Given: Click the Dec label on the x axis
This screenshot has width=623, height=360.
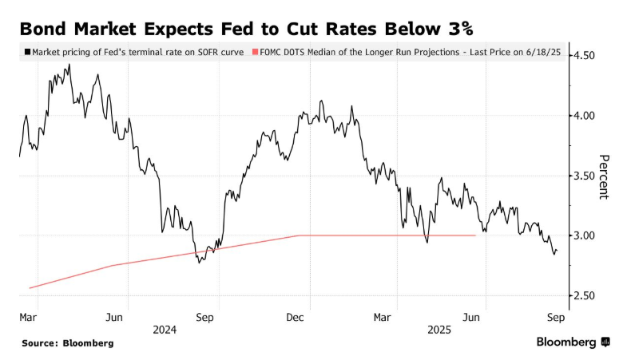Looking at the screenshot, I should pos(295,317).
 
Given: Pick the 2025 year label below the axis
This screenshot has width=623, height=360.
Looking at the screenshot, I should pos(439,329).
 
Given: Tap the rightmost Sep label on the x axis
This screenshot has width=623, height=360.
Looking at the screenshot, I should pos(556,317).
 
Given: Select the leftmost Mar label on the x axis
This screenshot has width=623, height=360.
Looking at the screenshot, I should pos(29,317).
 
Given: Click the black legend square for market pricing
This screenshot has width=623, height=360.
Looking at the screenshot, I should pos(28,52).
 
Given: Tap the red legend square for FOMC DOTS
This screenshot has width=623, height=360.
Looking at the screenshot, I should pos(255,52).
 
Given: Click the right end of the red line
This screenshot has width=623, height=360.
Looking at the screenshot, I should pos(476,235).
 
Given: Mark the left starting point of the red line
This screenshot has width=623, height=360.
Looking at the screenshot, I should pos(29,288).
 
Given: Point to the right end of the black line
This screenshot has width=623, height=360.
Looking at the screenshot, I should pos(558,251).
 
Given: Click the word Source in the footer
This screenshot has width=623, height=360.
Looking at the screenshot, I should pos(41,342).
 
